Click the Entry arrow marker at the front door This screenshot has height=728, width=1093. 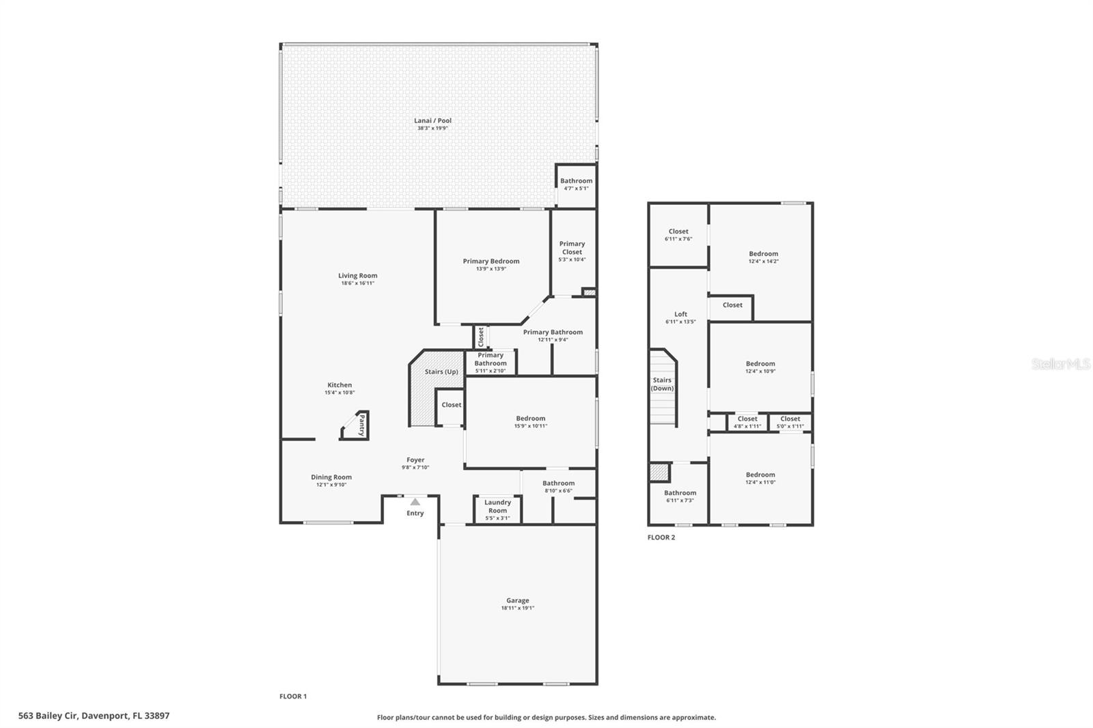pyautogui.click(x=415, y=502)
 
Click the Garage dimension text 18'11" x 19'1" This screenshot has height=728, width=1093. pyautogui.click(x=517, y=608)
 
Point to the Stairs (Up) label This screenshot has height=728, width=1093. pyautogui.click(x=441, y=372)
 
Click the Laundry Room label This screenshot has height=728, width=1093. pyautogui.click(x=497, y=506)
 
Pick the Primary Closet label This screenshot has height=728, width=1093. pyautogui.click(x=572, y=247)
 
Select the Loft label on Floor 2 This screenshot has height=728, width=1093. pyautogui.click(x=680, y=314)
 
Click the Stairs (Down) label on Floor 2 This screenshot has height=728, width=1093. pyautogui.click(x=662, y=384)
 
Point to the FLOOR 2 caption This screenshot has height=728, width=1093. pyautogui.click(x=661, y=537)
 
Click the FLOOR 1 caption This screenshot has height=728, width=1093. pyautogui.click(x=293, y=697)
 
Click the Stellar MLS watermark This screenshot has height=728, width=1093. pyautogui.click(x=1060, y=364)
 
